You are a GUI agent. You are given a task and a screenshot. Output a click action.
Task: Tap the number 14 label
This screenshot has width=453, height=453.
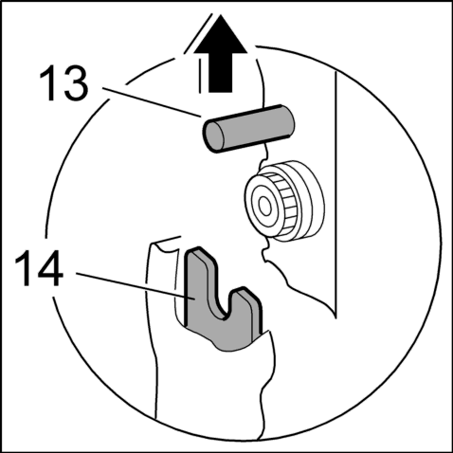point(39,269)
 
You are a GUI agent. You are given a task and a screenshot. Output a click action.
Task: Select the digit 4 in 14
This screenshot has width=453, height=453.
point(49,269)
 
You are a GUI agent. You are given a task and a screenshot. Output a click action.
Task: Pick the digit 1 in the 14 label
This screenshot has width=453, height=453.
point(23,269)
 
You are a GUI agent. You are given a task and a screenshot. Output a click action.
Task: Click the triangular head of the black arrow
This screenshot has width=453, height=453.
point(220,34)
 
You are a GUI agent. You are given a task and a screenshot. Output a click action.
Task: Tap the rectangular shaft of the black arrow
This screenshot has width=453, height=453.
point(220,73)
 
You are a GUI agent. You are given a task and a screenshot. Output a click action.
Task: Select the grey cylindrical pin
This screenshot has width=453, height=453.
point(248,129)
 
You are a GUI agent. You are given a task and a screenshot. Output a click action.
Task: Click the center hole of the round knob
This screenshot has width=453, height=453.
point(264,207)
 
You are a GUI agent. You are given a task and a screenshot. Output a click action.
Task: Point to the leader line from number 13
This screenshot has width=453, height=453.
point(153,103)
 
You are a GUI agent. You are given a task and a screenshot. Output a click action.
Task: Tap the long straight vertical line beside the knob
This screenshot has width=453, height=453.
point(335,193)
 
